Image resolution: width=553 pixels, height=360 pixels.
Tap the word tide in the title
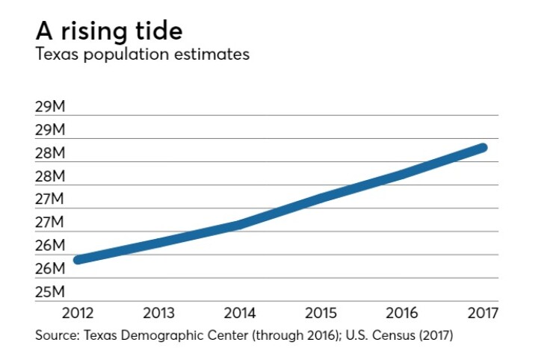pos(155,32)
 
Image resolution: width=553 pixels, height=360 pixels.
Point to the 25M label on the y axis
pos(50,291)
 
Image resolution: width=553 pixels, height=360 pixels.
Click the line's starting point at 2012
pos(78,259)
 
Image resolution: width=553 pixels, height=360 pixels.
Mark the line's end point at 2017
pos(483,147)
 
